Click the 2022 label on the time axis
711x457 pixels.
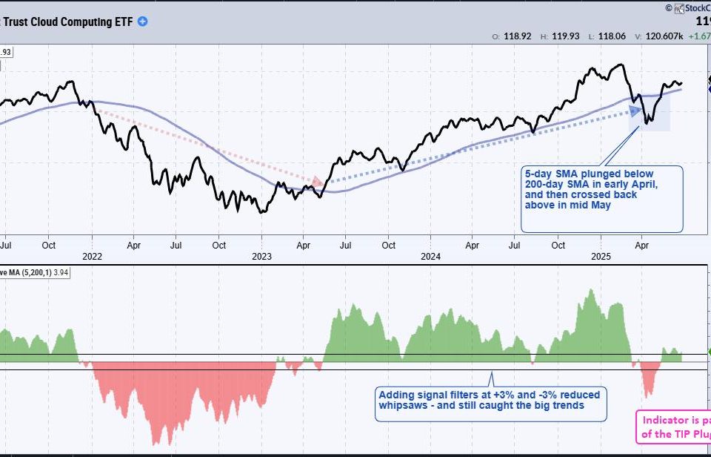pos(92,257)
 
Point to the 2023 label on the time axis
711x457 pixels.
pos(261,257)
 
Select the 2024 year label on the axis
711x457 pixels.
pos(430,257)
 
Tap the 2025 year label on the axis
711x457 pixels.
pos(601,257)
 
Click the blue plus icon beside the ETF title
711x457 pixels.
pos(142,22)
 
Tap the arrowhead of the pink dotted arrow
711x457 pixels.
pos(318,182)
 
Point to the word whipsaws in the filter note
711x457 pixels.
pos(399,405)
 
